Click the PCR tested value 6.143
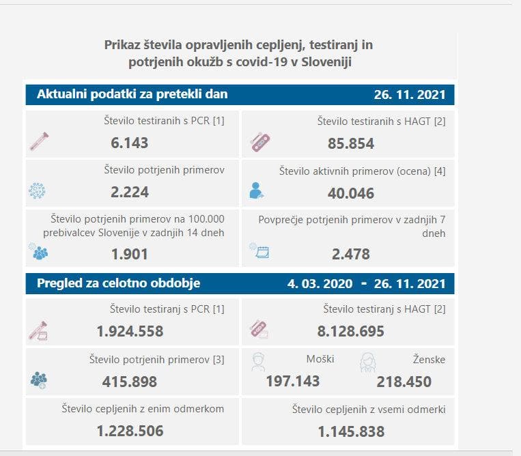click(x=129, y=143)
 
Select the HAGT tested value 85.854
click(x=350, y=143)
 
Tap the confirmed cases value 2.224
click(x=129, y=192)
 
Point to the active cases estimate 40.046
click(x=350, y=193)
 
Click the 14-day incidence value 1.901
click(x=129, y=254)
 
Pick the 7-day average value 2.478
click(x=350, y=254)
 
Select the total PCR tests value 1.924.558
click(x=130, y=331)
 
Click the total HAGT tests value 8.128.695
click(x=350, y=331)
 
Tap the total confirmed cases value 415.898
click(x=129, y=381)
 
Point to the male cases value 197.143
click(x=292, y=381)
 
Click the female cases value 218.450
click(x=404, y=381)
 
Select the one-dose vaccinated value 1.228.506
click(x=130, y=431)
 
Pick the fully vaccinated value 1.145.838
click(x=350, y=431)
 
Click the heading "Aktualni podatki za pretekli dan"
click(x=132, y=94)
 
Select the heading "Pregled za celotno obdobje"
click(x=119, y=283)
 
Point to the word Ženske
click(x=429, y=359)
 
